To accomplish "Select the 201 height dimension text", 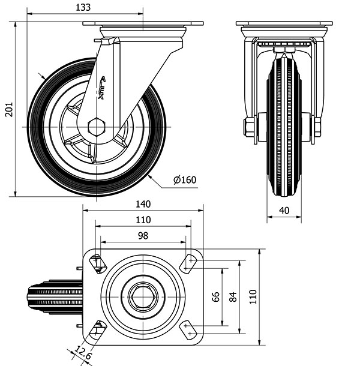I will [7, 110].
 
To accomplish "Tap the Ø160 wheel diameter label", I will [185, 180].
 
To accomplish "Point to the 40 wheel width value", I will [284, 211].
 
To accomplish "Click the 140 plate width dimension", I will [143, 204].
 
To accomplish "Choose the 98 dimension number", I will [143, 236].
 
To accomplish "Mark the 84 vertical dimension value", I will [234, 296].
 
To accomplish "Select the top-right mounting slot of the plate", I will [190, 261].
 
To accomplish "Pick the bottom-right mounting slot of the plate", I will [190, 329].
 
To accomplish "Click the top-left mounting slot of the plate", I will [96, 262].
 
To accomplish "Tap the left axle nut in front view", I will [248, 127].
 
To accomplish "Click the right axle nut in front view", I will [317, 127].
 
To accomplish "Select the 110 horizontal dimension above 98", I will [143, 220].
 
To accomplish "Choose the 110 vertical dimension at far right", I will [253, 295].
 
